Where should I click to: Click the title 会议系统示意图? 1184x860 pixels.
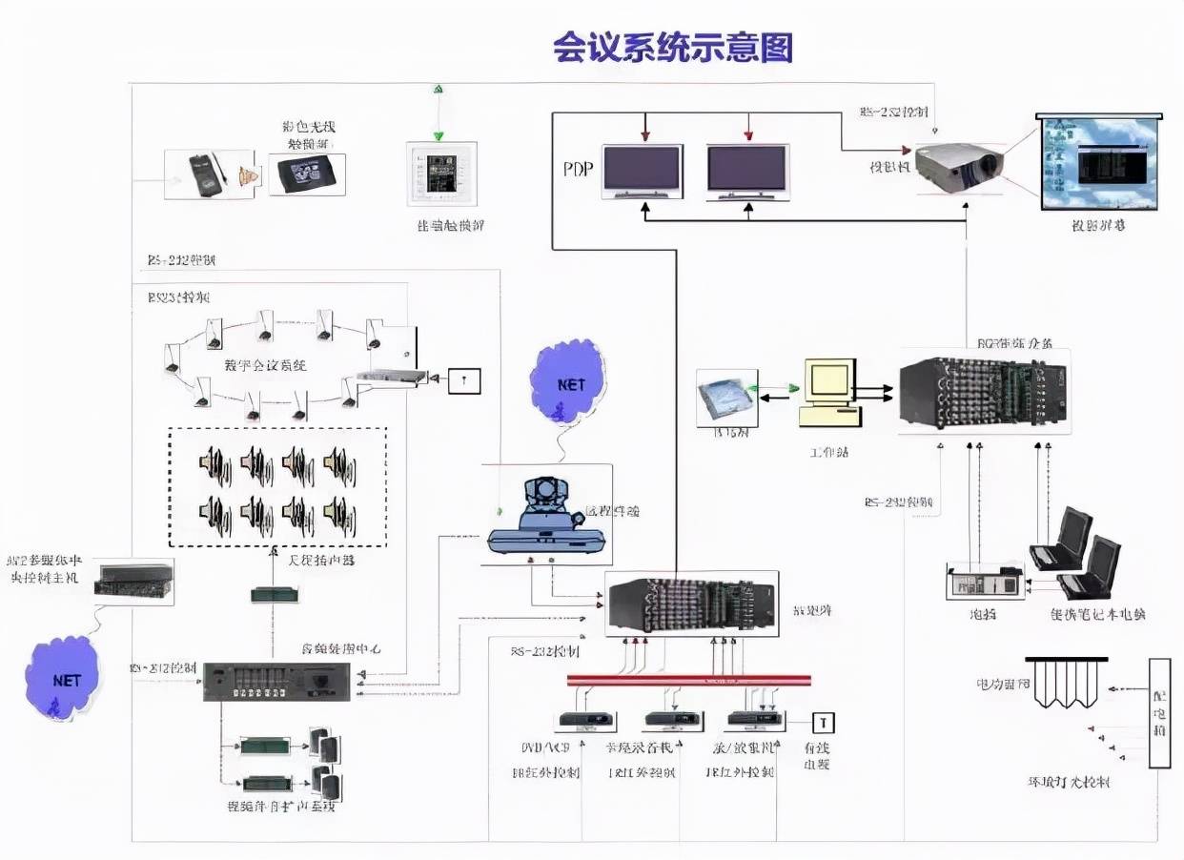[672, 47]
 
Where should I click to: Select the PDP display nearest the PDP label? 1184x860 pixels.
[642, 171]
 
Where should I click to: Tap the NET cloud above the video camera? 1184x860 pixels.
[570, 382]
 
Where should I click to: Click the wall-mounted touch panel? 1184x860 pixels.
[440, 174]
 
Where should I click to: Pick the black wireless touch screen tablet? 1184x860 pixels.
[306, 174]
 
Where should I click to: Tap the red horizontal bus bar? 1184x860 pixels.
[688, 680]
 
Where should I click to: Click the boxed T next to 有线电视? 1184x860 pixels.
[822, 723]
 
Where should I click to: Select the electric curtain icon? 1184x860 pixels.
[1066, 683]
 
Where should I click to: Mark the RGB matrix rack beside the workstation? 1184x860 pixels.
[983, 392]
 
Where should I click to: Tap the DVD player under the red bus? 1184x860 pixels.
[582, 721]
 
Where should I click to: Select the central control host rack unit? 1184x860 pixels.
[133, 582]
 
